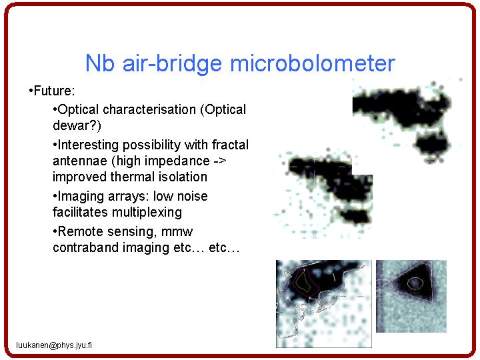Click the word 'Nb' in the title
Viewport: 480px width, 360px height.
coord(100,63)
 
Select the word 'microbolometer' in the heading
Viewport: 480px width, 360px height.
coord(312,63)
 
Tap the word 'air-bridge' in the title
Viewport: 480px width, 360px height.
coord(171,64)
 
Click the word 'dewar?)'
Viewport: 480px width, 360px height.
coord(77,125)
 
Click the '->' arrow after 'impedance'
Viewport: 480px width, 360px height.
coord(219,161)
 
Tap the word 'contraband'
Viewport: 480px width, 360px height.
coord(86,247)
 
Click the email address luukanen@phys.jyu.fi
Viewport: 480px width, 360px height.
coord(54,345)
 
